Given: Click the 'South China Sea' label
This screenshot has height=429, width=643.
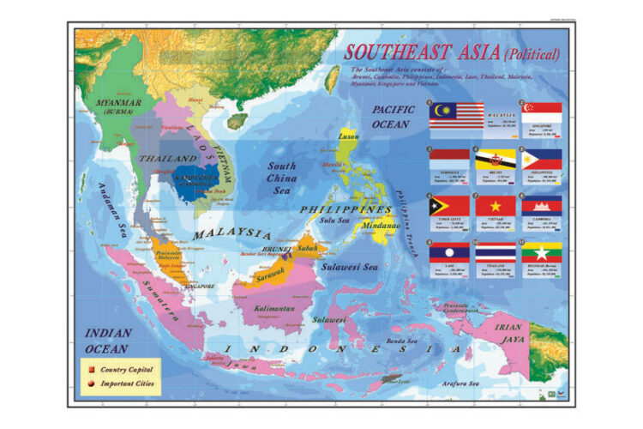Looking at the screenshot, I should coord(282,178).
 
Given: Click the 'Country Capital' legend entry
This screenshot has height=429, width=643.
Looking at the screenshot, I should coord(126,369).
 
